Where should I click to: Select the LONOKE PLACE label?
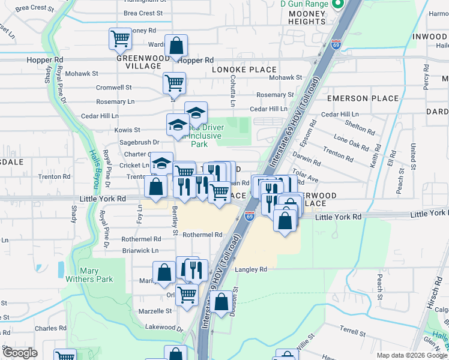tap(244, 70)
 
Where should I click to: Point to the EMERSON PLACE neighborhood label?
tap(363, 98)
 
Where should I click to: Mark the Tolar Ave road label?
tap(304, 179)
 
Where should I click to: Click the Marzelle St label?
tap(155, 311)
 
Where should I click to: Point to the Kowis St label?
tap(128, 130)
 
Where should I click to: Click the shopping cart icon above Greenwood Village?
tap(121, 39)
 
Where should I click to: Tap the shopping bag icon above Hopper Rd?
tap(176, 45)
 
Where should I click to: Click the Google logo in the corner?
tap(20, 353)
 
